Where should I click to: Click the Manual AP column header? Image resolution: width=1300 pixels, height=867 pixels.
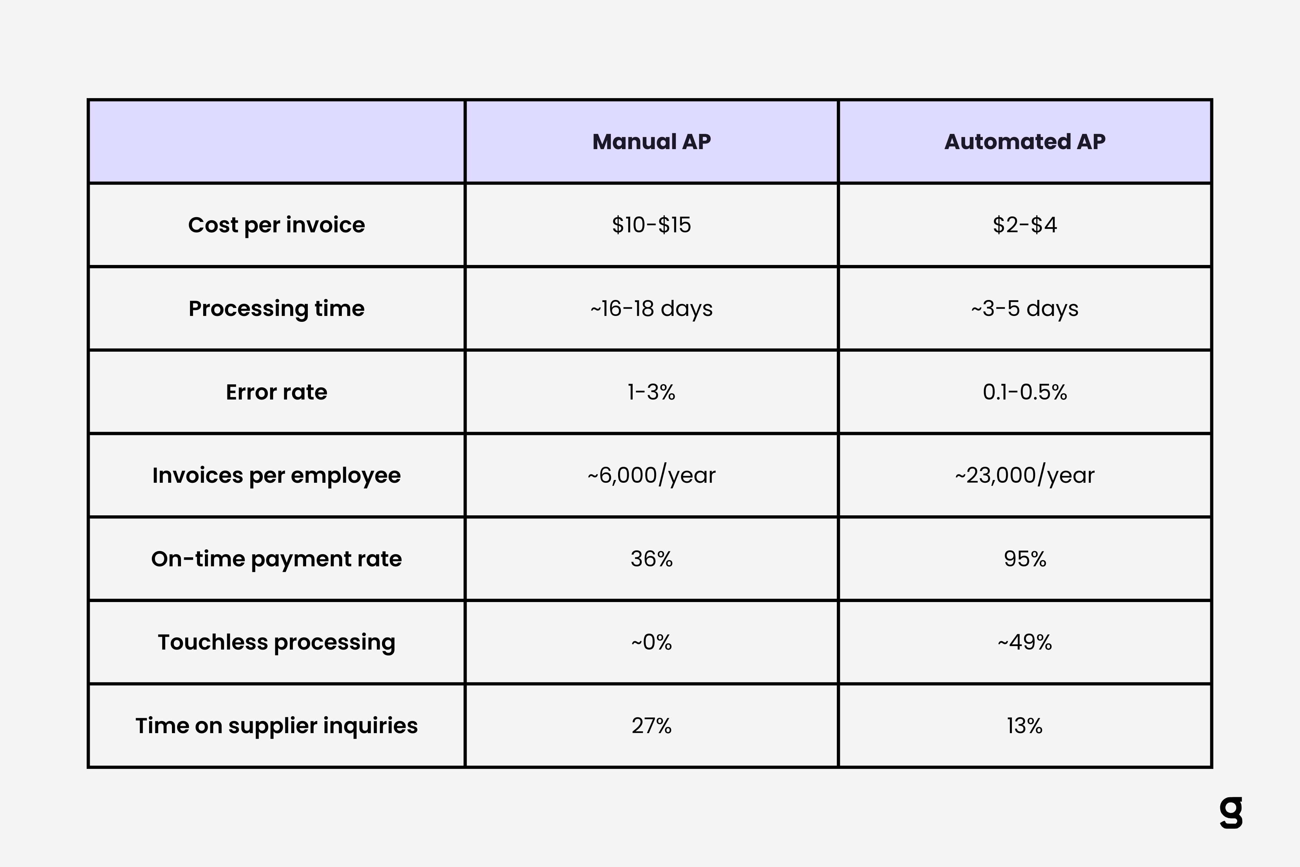click(651, 141)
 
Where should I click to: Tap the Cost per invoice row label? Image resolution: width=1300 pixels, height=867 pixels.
click(276, 225)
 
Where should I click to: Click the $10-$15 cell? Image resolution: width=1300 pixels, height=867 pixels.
click(651, 225)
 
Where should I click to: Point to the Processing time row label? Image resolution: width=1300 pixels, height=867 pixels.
click(276, 309)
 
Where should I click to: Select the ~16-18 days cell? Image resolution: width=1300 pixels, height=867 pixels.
click(651, 309)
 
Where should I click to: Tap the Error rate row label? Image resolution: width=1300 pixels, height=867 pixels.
click(276, 392)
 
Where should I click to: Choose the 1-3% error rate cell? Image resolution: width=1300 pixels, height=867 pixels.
click(651, 392)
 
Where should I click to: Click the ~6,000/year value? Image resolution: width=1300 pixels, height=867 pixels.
click(651, 475)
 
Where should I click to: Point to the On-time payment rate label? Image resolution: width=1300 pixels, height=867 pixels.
click(276, 559)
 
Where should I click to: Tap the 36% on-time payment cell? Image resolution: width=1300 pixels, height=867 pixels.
click(651, 559)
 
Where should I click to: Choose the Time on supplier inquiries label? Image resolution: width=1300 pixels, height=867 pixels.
click(276, 726)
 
